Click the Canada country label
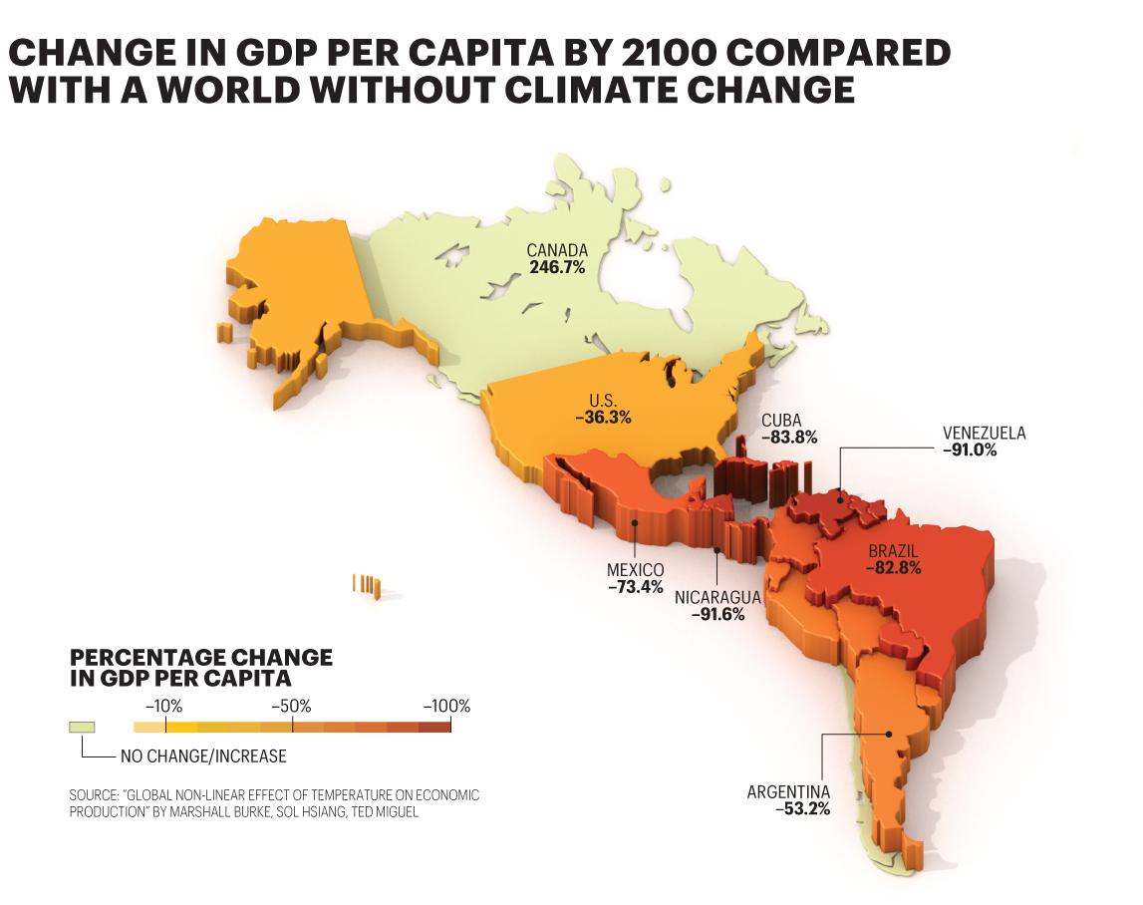coord(557,251)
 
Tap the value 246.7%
coord(557,268)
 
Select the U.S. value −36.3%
coord(603,418)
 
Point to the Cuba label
coord(781,421)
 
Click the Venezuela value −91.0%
coord(970,451)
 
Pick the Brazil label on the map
coord(893,551)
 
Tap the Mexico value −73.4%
coord(636,587)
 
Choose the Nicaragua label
coord(717,598)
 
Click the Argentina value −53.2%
coord(802,808)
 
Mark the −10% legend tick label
coord(164,707)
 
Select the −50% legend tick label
coord(291,707)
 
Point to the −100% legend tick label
coord(446,707)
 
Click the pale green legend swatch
coord(82,727)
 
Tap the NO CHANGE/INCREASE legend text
coord(203,756)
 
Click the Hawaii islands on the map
coord(367,586)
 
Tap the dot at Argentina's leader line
coord(889,735)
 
